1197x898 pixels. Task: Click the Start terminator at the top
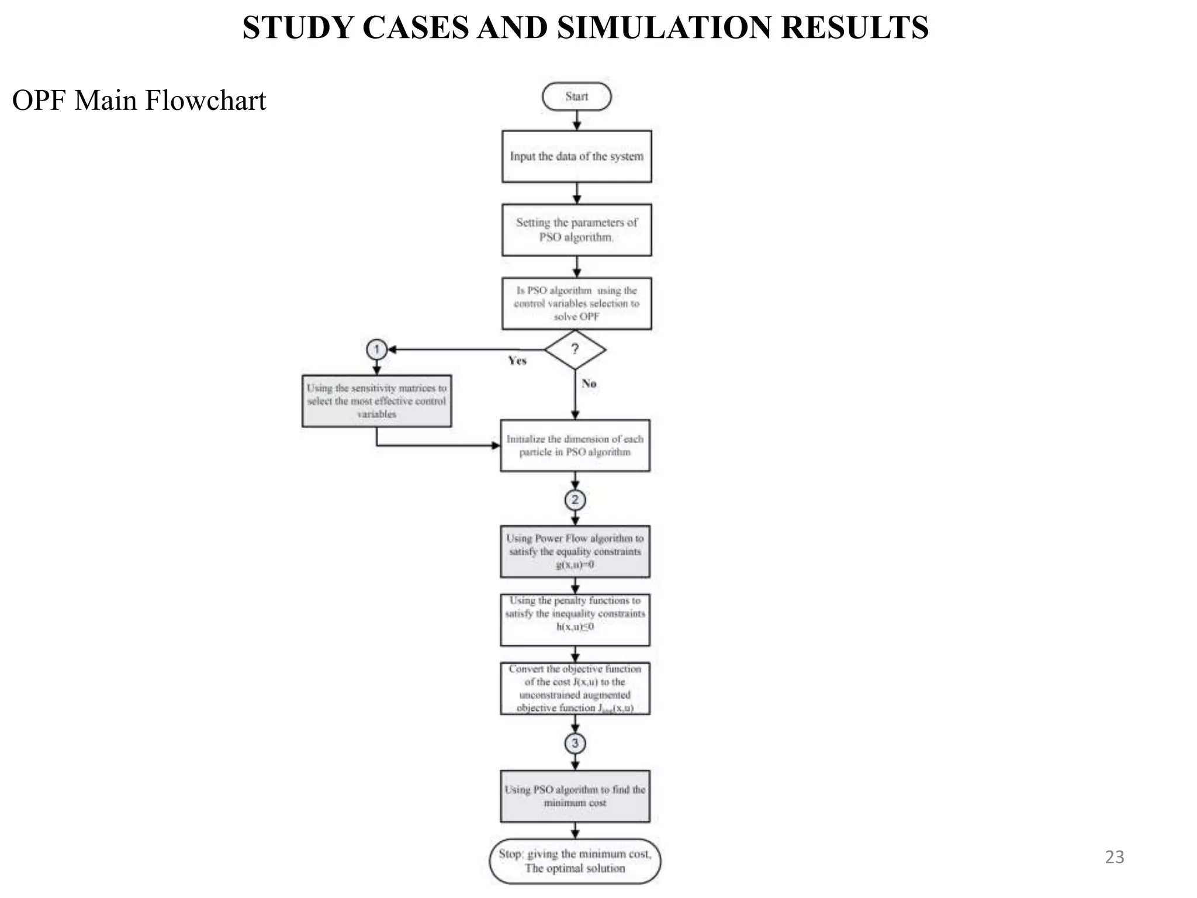pos(576,96)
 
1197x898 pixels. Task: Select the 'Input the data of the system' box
pos(576,157)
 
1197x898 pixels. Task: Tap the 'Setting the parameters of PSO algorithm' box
pos(576,230)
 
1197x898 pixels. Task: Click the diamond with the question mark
pos(575,350)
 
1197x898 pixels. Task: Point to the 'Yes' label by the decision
pos(517,361)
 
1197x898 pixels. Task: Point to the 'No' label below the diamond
pos(589,384)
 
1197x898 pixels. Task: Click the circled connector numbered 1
pos(376,350)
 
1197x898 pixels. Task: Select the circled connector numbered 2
pos(575,500)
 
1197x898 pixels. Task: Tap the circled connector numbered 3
pos(575,743)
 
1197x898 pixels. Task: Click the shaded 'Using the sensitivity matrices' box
pos(376,401)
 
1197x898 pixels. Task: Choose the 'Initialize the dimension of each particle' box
pos(575,445)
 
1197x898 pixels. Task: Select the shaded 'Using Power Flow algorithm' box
pos(575,551)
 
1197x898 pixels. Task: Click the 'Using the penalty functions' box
pos(575,620)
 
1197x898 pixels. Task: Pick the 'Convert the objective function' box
pos(575,688)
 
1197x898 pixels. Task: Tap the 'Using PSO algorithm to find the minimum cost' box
pos(575,796)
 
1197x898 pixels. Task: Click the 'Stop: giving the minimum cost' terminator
pos(575,861)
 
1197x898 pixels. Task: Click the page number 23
pos(1114,857)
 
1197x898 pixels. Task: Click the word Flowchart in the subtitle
pos(205,101)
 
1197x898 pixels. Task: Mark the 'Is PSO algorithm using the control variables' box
pos(576,303)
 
